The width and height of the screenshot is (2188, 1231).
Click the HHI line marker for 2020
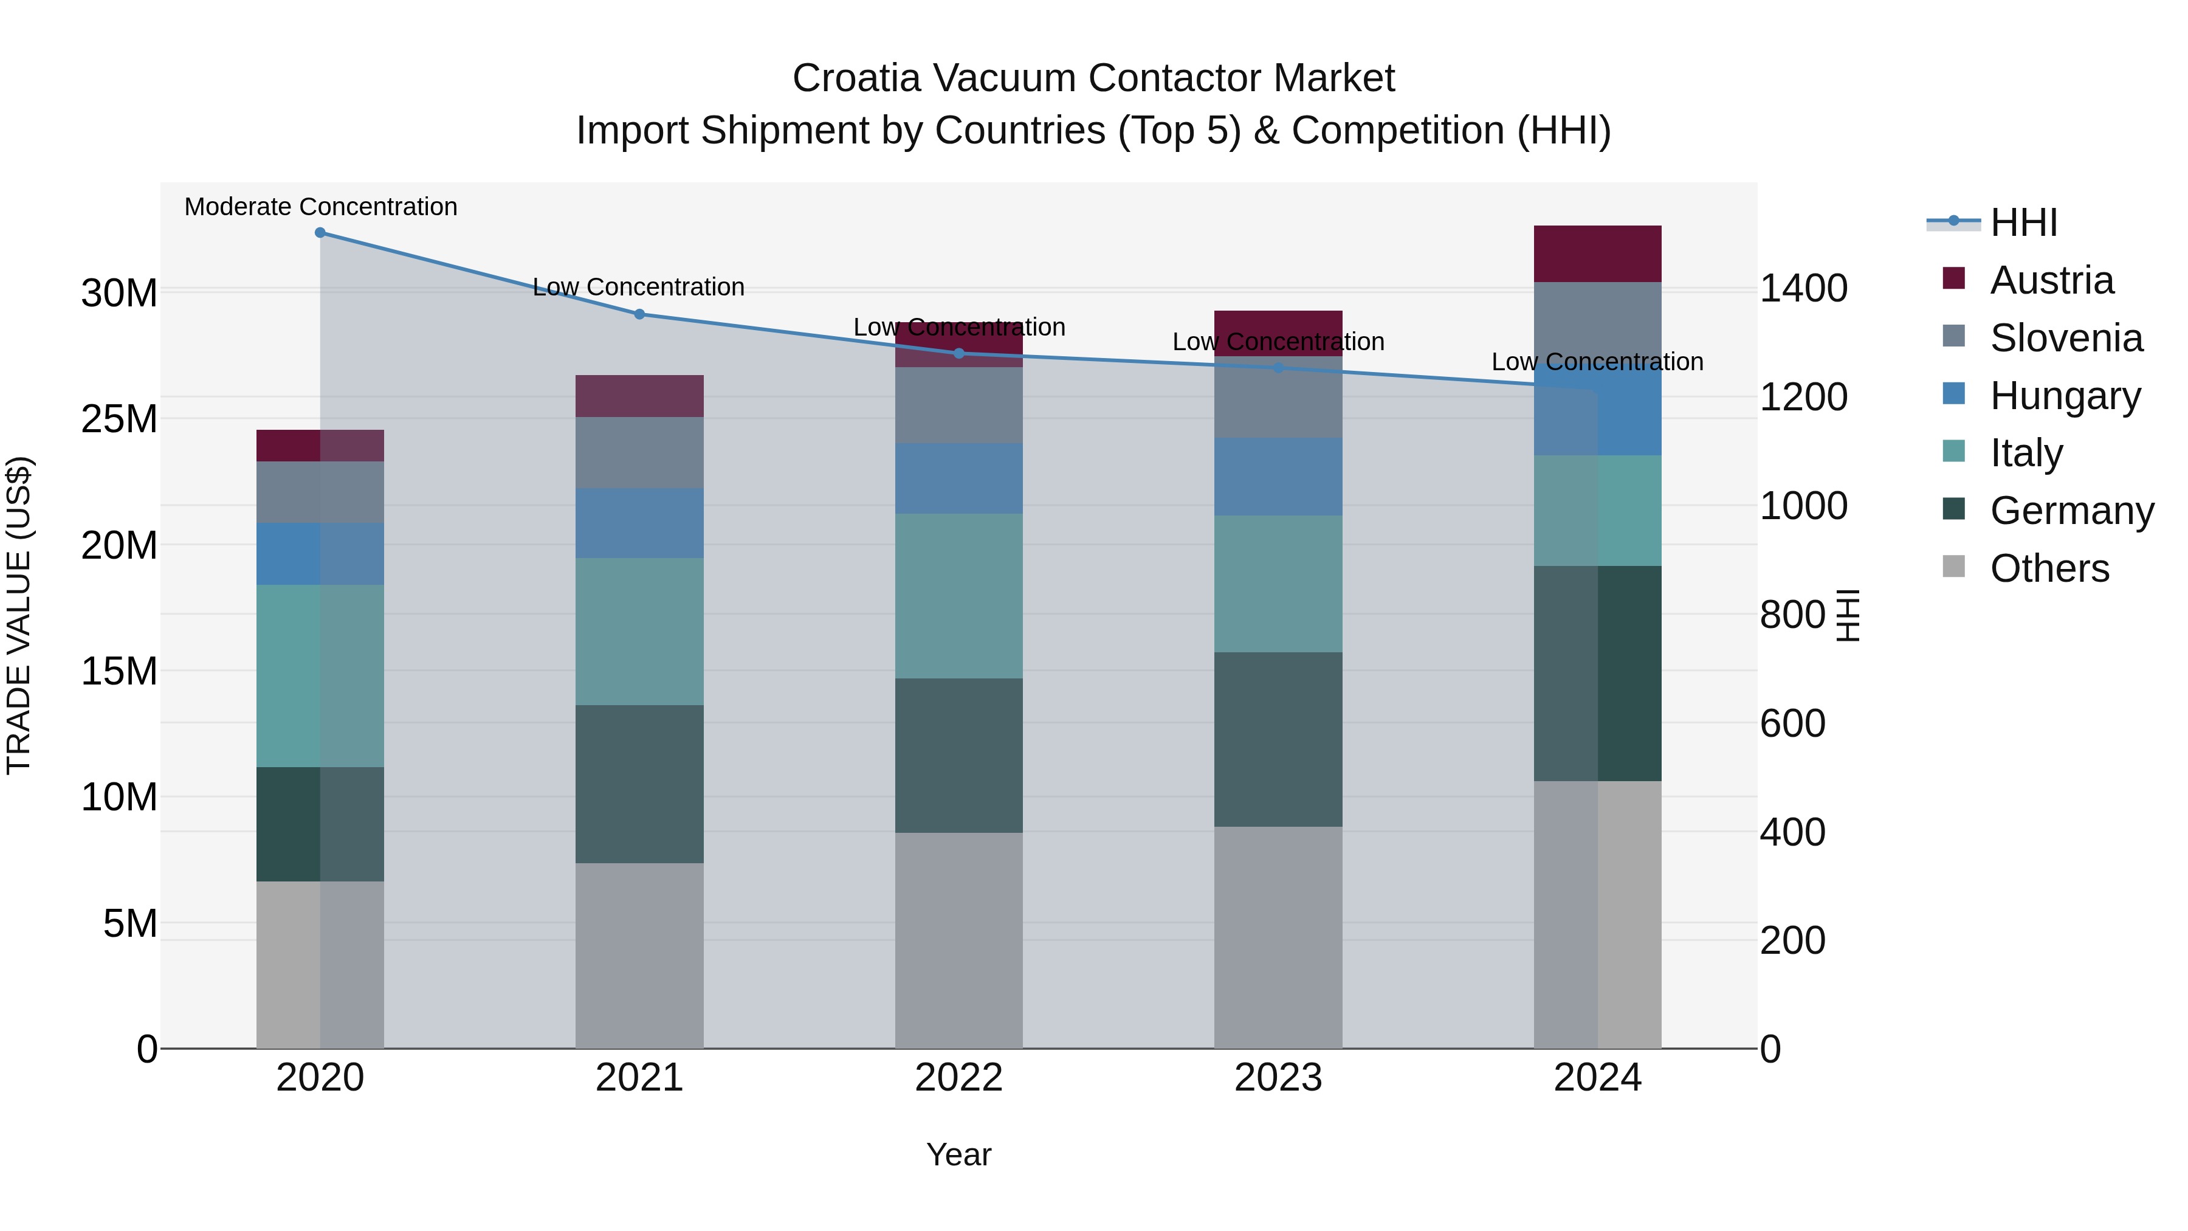(320, 233)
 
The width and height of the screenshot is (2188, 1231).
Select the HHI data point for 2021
(639, 314)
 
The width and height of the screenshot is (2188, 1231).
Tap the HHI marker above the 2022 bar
(959, 353)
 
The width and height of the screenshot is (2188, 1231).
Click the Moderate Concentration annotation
(320, 207)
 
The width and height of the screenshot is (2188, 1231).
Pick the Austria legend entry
(2051, 280)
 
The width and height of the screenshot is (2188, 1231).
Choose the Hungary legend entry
(2064, 396)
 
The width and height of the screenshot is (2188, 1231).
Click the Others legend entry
(2049, 568)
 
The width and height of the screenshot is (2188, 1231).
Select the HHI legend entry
(2023, 222)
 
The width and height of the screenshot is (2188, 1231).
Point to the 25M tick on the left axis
(119, 419)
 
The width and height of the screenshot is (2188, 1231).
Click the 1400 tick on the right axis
(1803, 288)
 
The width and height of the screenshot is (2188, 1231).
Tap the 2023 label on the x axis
(1278, 1078)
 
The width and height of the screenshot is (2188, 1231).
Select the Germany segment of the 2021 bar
(639, 784)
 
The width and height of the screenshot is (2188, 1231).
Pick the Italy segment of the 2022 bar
(959, 596)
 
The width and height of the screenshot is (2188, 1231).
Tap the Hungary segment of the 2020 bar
(320, 553)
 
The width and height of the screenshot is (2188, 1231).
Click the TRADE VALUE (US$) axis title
(19, 615)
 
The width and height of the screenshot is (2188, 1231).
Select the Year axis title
(959, 1154)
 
